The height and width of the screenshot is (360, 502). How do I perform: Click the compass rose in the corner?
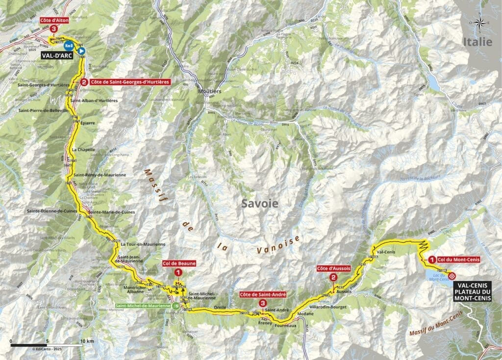pos(479,22)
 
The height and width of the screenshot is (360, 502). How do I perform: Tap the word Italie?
pos(477,42)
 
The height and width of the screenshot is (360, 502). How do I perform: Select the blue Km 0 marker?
pos(70,47)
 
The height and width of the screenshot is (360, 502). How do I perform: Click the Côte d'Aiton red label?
pos(53,21)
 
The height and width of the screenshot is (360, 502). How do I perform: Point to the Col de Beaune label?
pos(179,263)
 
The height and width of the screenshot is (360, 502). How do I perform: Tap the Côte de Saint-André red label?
pos(262,295)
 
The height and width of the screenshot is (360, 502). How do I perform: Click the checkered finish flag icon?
pos(452,276)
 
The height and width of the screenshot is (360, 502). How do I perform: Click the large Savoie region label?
pos(259,204)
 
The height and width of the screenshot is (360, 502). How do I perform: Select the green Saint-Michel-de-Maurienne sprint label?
pos(142,306)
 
